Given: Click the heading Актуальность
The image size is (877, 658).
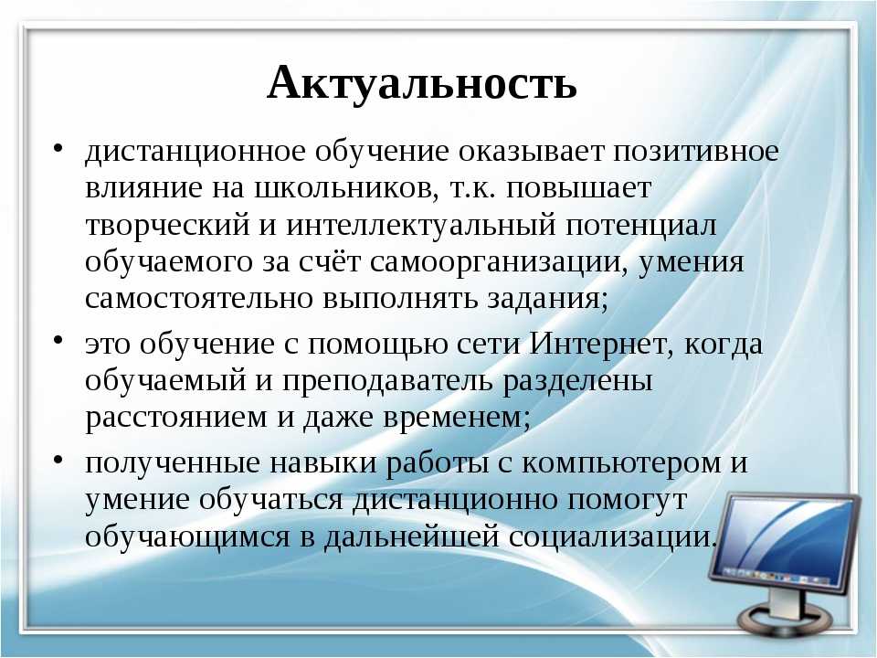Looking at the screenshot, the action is pos(422,83).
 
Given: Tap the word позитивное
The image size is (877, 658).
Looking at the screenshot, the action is pos(696,151).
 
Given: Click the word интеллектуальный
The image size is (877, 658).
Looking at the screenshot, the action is pos(421,226).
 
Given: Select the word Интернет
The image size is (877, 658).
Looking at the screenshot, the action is pos(601,343).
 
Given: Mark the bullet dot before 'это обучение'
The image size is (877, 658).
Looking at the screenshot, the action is pos(58,341).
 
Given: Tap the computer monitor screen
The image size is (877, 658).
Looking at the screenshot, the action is pos(787,539).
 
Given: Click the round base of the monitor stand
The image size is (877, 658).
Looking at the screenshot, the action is pos(786,621).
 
